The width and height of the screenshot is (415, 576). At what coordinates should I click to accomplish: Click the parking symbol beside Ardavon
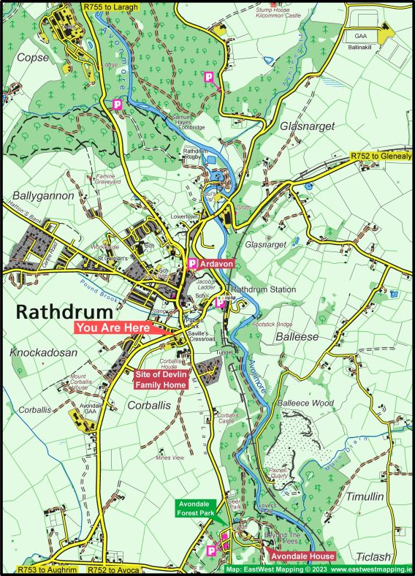(192, 262)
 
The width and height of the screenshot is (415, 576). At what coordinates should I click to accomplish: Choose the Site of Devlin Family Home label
(161, 379)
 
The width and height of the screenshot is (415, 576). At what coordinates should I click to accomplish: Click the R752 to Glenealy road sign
(381, 156)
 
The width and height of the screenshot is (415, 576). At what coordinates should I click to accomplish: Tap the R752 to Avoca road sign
(114, 569)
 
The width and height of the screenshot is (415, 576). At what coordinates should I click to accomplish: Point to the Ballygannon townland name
(43, 196)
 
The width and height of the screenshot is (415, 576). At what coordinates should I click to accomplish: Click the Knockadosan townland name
(44, 352)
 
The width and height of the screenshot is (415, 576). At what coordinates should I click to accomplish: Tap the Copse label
(33, 57)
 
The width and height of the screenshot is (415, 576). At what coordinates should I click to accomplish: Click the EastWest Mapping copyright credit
(318, 569)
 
